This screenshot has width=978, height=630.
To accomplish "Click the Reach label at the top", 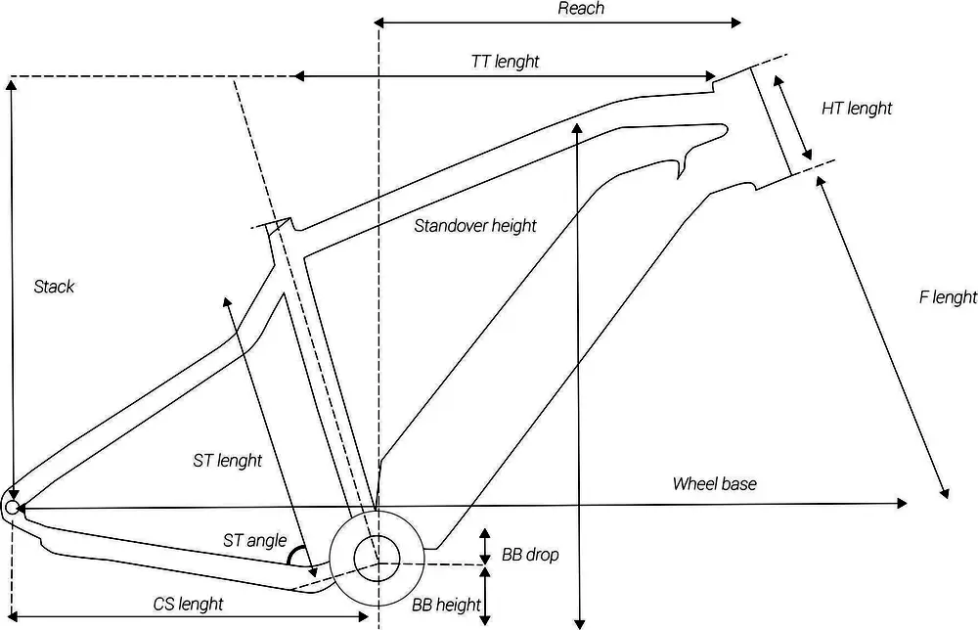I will point(581,9).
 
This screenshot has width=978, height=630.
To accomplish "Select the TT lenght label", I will point(505,62).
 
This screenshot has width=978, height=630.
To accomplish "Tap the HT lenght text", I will point(857,109).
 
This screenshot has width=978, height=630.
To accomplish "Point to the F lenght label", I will point(948,297).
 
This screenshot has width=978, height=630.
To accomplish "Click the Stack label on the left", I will point(54,287).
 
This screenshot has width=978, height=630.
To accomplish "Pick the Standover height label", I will point(475,226).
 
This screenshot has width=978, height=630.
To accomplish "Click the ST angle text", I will point(254,540).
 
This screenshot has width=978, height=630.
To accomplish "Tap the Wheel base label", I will point(714,484).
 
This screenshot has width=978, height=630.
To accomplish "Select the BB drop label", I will point(530,555).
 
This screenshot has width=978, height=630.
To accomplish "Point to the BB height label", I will point(446,605).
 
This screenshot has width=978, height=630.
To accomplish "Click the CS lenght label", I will point(188,604).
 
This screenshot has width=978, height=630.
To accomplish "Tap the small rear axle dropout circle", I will point(12,507).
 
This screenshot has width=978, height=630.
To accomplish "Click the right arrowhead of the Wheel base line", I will point(902,504).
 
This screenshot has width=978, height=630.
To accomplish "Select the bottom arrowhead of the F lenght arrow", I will point(946,493).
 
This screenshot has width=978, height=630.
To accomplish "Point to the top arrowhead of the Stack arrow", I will point(11,84).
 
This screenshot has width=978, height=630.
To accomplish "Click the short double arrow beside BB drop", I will point(485,548).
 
